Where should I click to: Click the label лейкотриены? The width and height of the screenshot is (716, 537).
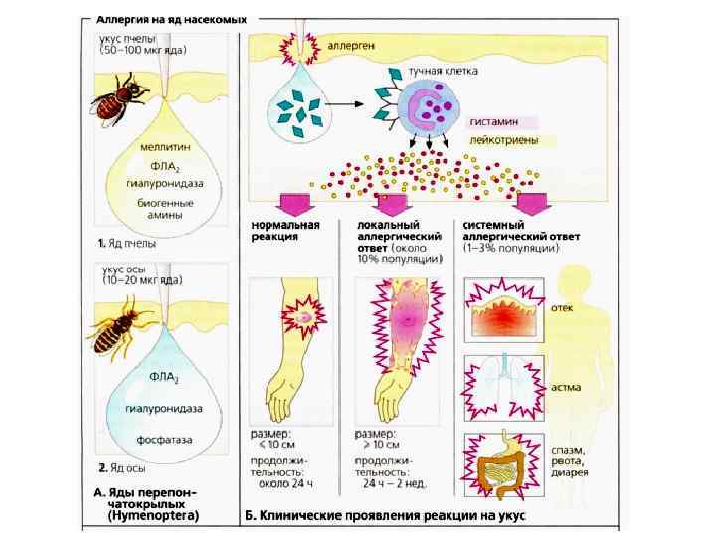pos(504,140)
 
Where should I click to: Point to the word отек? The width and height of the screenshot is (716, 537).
pos(563,307)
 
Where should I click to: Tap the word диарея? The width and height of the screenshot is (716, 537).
pos(571,473)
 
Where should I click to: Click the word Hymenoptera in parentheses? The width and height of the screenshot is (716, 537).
pos(152,515)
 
